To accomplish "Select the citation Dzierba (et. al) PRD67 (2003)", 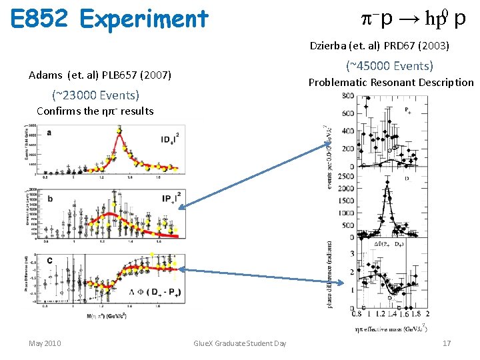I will click(x=379, y=47).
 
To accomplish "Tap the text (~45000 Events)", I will click(x=389, y=66).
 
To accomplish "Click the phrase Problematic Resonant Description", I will click(x=390, y=83).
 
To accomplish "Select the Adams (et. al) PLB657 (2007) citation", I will click(x=100, y=75).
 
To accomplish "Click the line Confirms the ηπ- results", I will click(x=95, y=111).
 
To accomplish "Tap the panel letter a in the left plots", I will click(x=49, y=133).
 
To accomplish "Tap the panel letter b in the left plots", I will click(x=49, y=198).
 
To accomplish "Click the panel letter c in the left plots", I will click(x=49, y=260).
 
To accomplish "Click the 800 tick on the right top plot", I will click(x=348, y=97).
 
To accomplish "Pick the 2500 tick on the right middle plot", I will click(x=345, y=176).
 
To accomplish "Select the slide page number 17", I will click(x=446, y=343).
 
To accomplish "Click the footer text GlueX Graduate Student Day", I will click(x=239, y=343).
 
